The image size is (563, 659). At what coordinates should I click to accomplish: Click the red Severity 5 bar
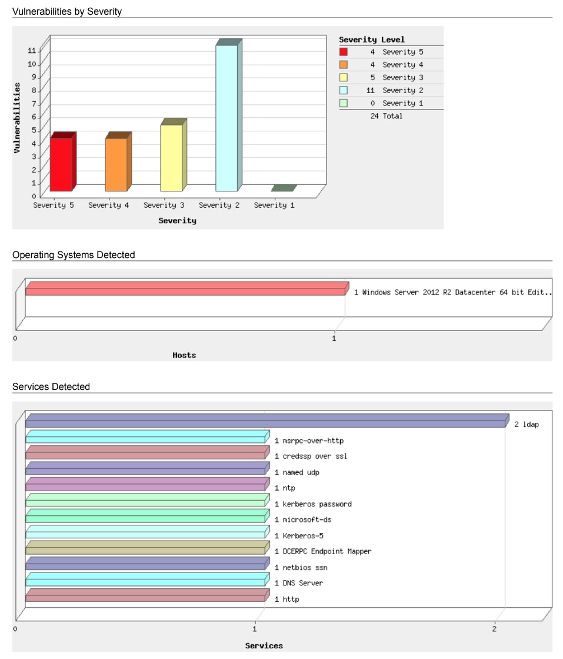pos(61,164)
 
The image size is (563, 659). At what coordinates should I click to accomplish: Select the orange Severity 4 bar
pos(116,164)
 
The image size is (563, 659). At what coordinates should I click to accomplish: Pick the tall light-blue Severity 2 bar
pos(226,118)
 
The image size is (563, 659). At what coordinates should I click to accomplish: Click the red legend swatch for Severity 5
pos(344,52)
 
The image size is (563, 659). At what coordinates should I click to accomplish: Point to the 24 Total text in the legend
pos(387,116)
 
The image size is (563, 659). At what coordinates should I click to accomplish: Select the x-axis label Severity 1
pos(274,205)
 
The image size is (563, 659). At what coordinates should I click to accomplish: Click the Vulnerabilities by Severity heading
pos(67,11)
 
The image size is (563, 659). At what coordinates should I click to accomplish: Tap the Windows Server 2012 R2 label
pos(453,292)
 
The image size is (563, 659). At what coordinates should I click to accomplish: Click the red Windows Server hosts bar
pos(185,289)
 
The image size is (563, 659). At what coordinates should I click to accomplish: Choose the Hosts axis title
pos(184,355)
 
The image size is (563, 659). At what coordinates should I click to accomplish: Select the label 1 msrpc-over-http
pos(309,441)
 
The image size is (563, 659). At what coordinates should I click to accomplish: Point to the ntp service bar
pos(145,485)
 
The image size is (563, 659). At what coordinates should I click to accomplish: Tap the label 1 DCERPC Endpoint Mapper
pos(323,552)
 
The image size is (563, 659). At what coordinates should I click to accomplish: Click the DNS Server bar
pos(145,580)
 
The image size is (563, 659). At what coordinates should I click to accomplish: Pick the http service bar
pos(145,596)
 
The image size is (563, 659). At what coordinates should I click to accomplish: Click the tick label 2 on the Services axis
pos(494,629)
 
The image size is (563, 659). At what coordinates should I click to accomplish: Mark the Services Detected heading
pos(51,387)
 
